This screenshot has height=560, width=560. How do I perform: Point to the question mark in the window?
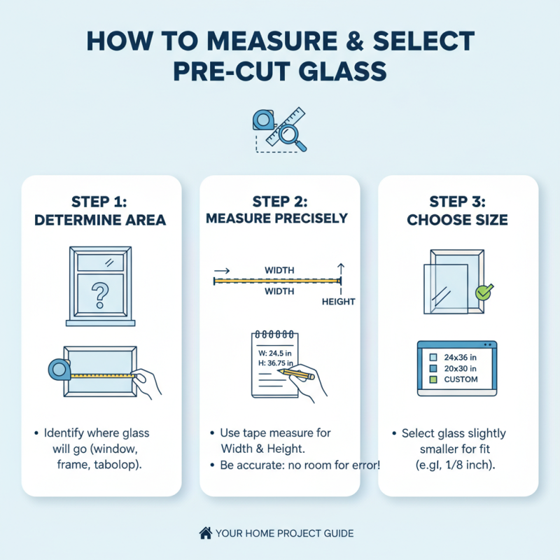coord(101,294)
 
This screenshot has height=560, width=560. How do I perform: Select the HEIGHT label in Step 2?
coord(338,302)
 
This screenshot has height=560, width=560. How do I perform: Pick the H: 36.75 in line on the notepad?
coord(272,364)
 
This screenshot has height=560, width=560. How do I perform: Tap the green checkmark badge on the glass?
coord(483,291)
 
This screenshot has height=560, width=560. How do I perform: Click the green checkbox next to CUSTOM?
coord(433,379)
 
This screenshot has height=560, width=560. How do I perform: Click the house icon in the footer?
coord(206,533)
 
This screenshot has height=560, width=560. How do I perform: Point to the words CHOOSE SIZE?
coord(458,220)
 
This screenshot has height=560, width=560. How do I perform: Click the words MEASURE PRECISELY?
coord(276,218)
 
